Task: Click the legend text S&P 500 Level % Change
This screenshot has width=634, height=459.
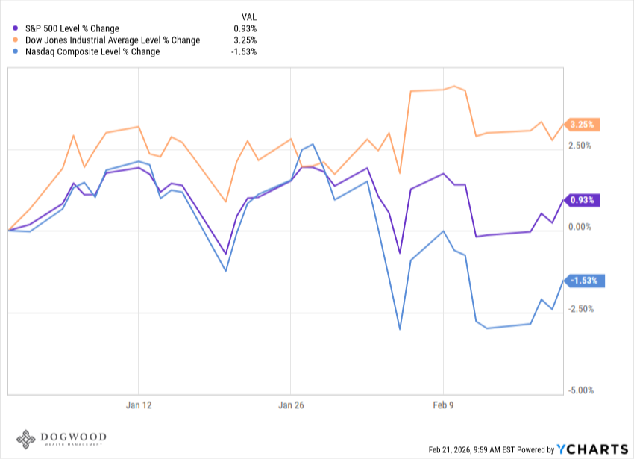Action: click(72, 28)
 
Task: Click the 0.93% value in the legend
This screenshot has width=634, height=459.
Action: click(245, 28)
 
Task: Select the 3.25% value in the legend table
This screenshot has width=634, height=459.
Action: click(245, 40)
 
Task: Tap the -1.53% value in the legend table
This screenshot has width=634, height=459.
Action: click(244, 52)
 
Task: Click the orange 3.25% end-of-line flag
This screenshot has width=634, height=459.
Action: click(582, 125)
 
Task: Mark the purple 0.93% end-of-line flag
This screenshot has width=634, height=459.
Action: click(582, 200)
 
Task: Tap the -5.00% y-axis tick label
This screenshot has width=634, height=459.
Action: click(580, 390)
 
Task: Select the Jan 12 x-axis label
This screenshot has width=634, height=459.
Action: click(138, 405)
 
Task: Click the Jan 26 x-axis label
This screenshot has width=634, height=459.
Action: click(290, 405)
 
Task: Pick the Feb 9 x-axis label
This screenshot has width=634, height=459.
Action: click(443, 405)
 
